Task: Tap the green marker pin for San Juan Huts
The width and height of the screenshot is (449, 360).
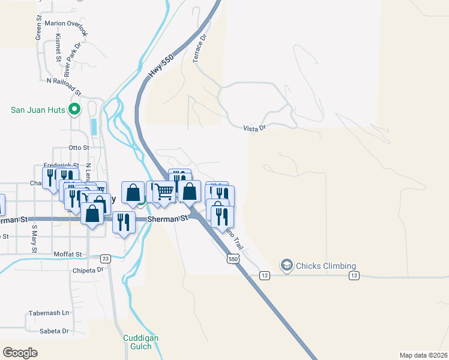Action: (74, 110)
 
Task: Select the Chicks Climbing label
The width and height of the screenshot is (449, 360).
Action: (325, 266)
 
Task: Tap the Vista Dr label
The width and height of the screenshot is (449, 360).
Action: (254, 128)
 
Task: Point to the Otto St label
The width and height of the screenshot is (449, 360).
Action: (79, 147)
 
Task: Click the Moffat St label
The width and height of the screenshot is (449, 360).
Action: (67, 254)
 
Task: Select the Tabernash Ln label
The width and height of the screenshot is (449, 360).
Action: (49, 313)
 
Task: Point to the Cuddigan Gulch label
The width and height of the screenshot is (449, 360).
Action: (140, 342)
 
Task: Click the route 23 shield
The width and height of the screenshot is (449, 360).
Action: (106, 259)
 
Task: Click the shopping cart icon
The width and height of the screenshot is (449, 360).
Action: (162, 192)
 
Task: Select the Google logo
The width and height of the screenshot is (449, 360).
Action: (20, 352)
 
